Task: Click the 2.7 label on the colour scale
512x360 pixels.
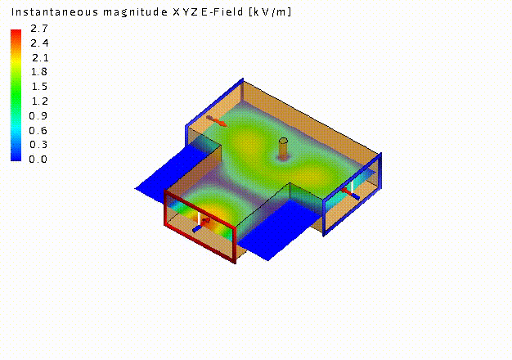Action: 39,29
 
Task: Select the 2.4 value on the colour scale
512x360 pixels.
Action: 39,43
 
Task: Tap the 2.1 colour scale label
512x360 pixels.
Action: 40,58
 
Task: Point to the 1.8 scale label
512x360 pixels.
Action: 39,71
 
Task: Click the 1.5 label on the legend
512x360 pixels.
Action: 39,87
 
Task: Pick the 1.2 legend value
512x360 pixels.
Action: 39,101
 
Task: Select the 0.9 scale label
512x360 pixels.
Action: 38,115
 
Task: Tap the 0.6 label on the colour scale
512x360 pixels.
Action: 38,131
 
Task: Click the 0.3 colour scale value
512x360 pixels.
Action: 38,144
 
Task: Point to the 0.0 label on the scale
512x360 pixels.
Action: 38,159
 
